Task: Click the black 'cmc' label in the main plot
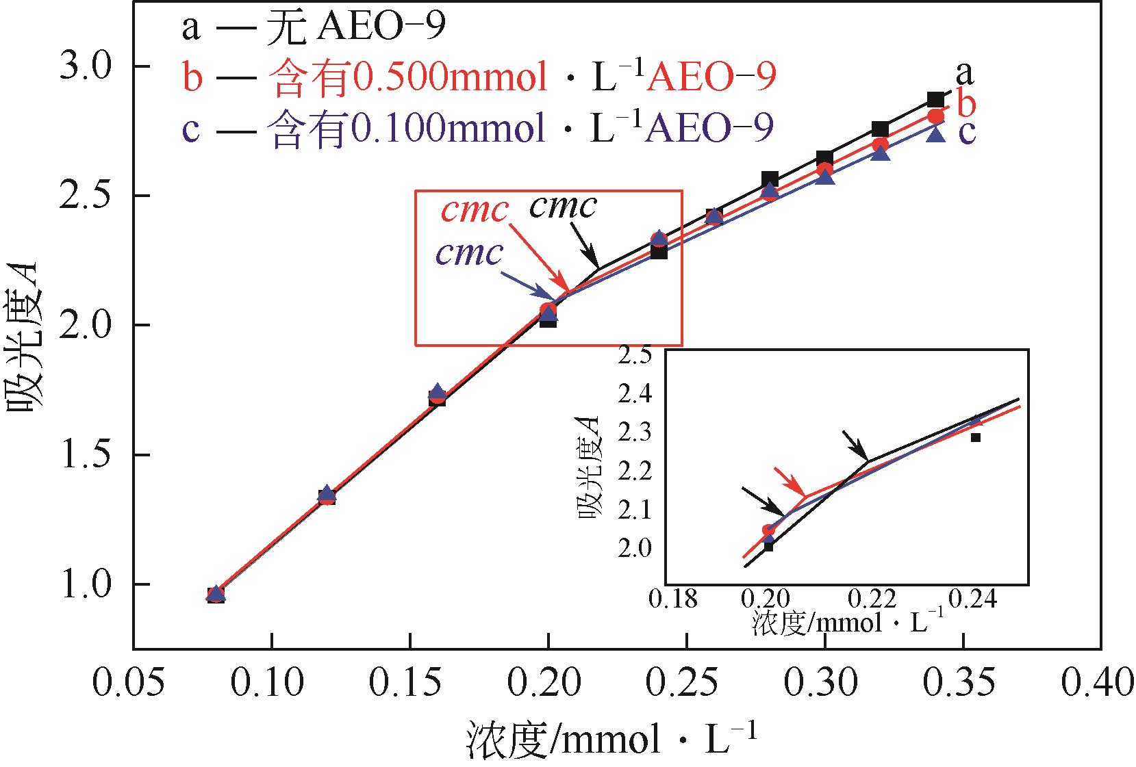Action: (563, 207)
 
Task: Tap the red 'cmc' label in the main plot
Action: (474, 211)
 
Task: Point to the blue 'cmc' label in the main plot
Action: (470, 254)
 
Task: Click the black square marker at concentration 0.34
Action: (936, 100)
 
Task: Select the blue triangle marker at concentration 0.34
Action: (936, 135)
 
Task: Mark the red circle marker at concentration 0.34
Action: (936, 116)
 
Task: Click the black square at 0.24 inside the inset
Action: (976, 437)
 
